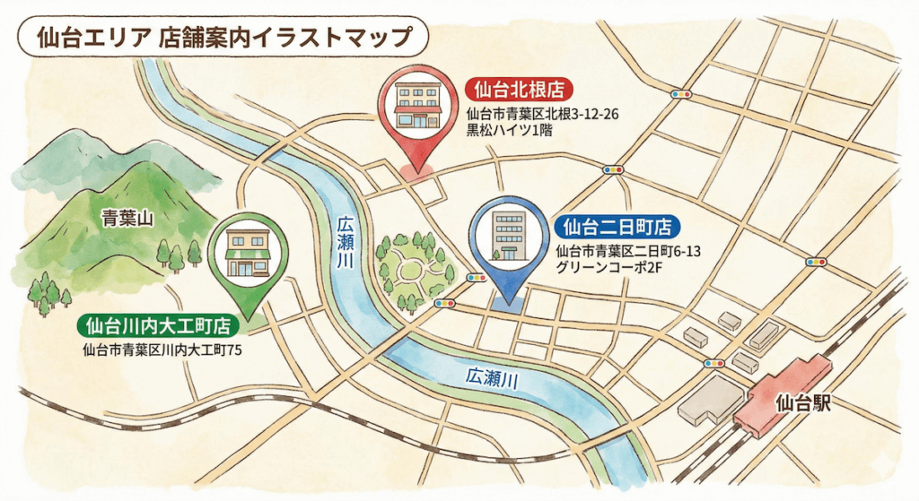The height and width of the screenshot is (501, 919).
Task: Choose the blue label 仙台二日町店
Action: (x=617, y=227)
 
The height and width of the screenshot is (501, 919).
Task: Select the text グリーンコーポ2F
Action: (x=607, y=268)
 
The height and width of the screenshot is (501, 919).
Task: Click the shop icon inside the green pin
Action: (x=248, y=254)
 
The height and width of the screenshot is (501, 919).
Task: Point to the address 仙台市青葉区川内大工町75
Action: (x=162, y=350)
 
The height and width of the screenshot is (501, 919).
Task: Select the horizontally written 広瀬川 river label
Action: (x=491, y=379)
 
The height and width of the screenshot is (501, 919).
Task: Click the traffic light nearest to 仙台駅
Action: (x=714, y=363)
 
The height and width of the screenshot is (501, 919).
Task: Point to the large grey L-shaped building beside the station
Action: (x=709, y=399)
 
